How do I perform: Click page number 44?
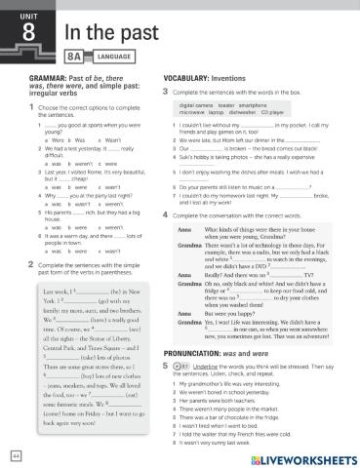17,454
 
